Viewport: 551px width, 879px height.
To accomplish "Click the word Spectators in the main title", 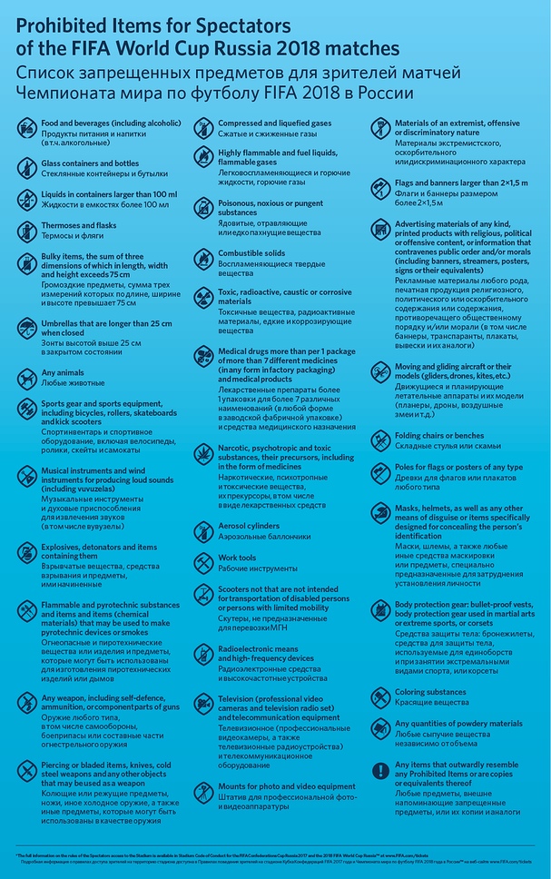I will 246,24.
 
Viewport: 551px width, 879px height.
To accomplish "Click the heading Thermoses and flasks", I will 79,225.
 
